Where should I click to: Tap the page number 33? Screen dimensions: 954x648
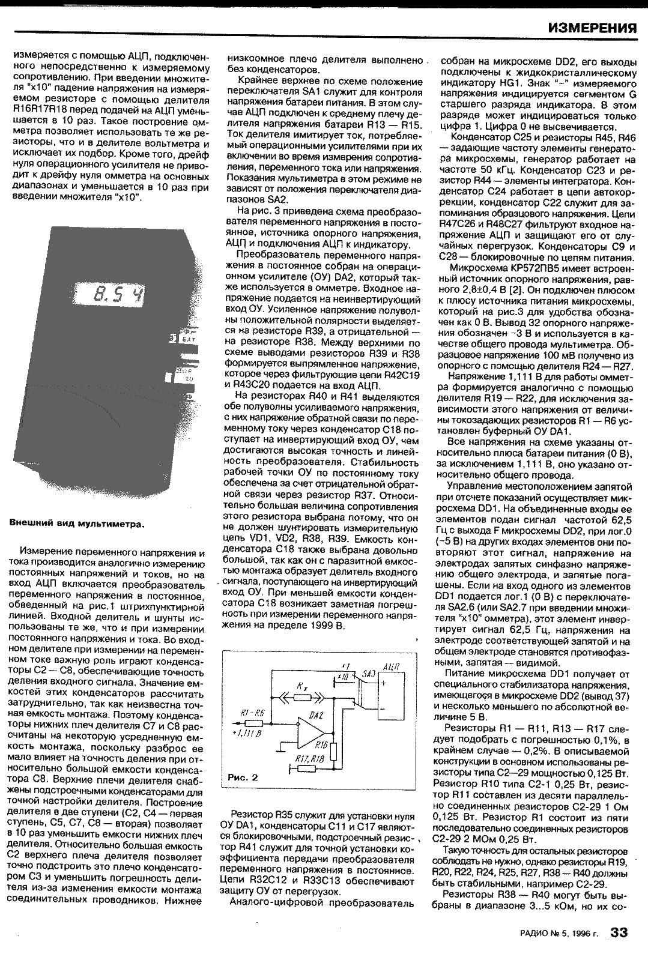pos(619,933)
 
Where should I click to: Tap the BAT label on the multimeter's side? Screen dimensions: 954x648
pos(189,340)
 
